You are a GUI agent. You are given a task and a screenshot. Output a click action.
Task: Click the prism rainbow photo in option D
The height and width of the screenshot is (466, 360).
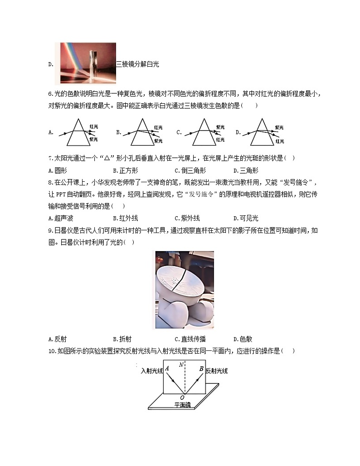(85, 63)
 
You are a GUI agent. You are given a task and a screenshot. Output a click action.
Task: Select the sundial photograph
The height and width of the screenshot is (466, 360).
(184, 289)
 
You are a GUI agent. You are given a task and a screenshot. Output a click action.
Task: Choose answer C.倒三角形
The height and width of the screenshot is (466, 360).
(190, 170)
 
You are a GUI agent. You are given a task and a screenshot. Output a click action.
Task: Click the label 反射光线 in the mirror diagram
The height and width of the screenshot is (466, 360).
(217, 371)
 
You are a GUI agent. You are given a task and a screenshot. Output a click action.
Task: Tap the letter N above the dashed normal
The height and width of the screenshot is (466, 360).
(181, 365)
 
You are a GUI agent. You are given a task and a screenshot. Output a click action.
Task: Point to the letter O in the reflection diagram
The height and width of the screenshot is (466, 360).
(181, 398)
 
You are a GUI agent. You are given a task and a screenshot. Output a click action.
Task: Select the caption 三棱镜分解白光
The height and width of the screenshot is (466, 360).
(137, 64)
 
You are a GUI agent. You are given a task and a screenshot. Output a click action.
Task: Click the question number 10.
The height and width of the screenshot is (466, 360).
(51, 351)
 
